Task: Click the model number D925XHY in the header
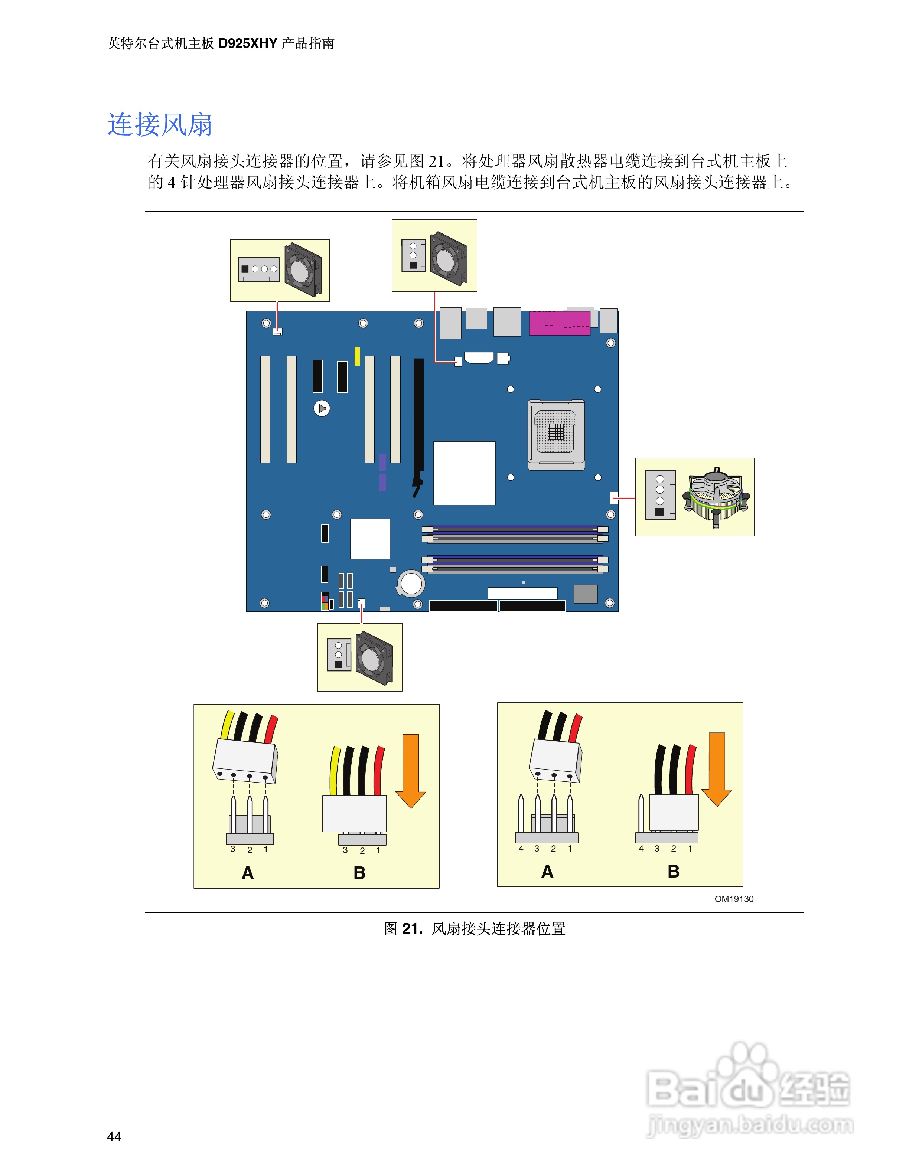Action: pos(247,43)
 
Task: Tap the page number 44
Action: pos(114,1136)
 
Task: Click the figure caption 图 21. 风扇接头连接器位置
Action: pos(474,928)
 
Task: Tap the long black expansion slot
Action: pos(418,425)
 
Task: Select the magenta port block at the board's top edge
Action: pos(560,323)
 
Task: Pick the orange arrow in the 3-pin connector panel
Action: pos(410,770)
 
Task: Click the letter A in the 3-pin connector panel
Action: pos(248,873)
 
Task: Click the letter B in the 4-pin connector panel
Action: pos(673,871)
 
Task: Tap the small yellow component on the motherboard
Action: pos(357,356)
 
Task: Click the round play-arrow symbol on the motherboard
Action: pos(322,408)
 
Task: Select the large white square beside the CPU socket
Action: pos(464,473)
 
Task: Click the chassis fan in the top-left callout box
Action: pos(303,269)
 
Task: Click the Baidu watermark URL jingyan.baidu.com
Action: pos(750,1124)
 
